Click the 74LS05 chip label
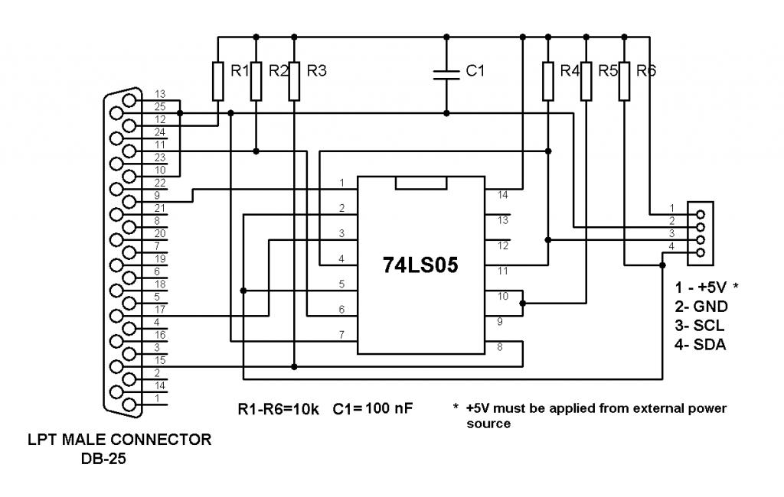pyautogui.click(x=420, y=265)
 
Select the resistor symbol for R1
pyautogui.click(x=218, y=81)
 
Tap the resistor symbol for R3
pyautogui.click(x=294, y=81)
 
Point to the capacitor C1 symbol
pyautogui.click(x=447, y=73)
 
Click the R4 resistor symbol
pyautogui.click(x=547, y=81)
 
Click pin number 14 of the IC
pyautogui.click(x=501, y=196)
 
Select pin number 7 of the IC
pyautogui.click(x=342, y=334)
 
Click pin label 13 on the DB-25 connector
pyautogui.click(x=160, y=94)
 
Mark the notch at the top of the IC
pyautogui.click(x=420, y=183)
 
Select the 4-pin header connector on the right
pyautogui.click(x=700, y=233)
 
